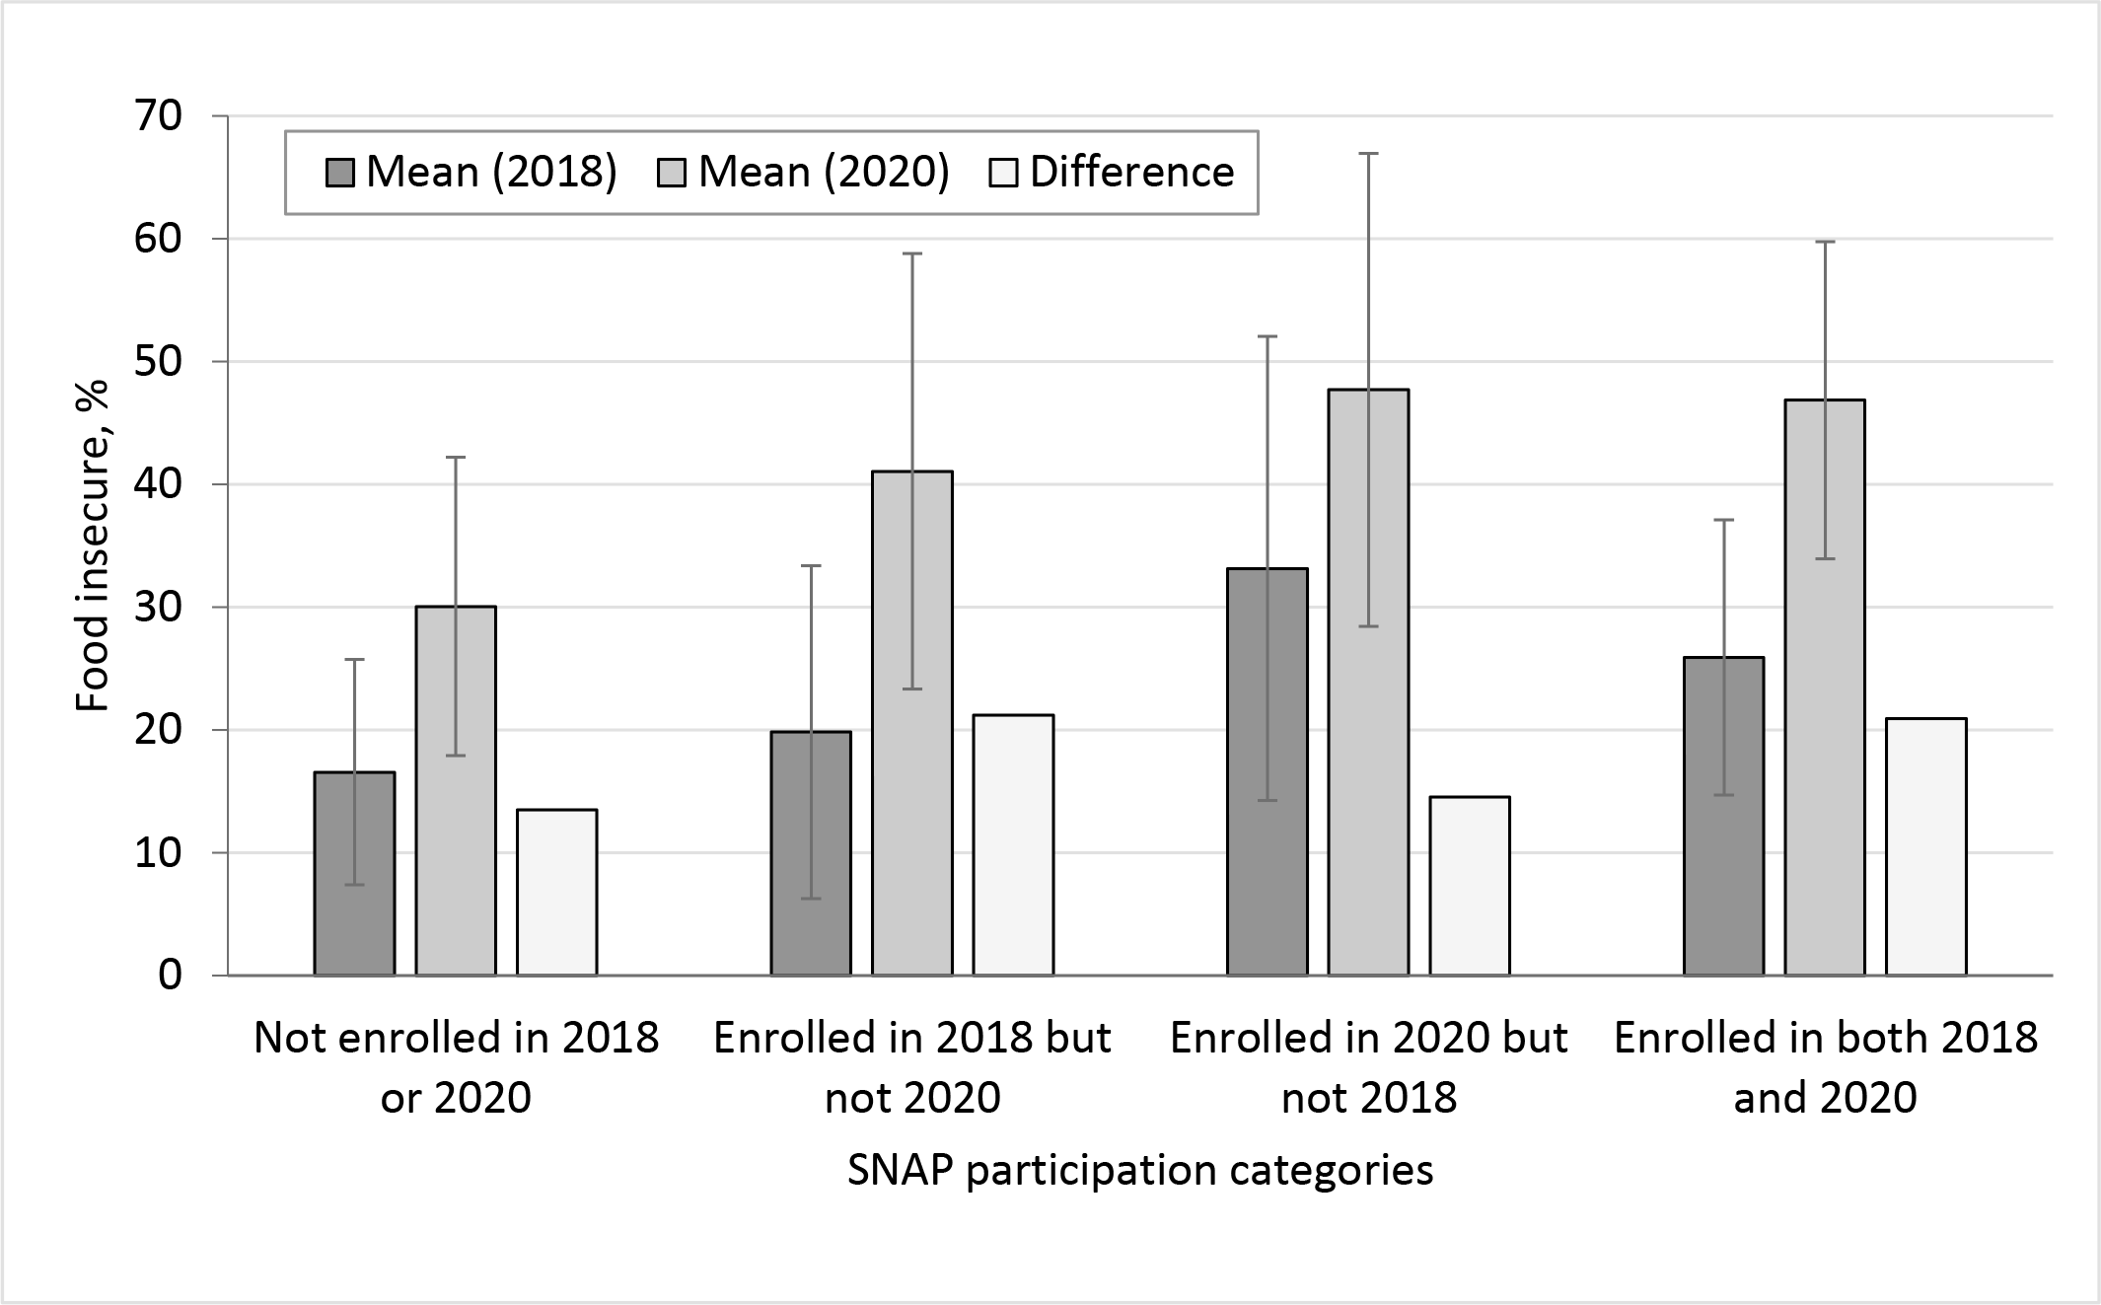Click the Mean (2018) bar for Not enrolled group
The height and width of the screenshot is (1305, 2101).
click(x=355, y=874)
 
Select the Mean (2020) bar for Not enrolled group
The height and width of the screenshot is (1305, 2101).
click(x=456, y=791)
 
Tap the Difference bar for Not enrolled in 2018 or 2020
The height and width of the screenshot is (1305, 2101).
click(x=557, y=893)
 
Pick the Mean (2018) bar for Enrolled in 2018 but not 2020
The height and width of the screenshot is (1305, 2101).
click(x=811, y=853)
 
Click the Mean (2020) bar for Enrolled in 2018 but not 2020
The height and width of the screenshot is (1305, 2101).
click(x=912, y=723)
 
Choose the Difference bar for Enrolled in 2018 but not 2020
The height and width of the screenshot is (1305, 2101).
click(x=1014, y=845)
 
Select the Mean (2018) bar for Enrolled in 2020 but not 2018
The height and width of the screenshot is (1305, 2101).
click(x=1268, y=772)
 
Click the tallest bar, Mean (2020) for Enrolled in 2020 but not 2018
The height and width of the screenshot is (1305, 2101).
click(x=1368, y=683)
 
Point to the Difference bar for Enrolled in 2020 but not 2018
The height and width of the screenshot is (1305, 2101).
click(x=1470, y=886)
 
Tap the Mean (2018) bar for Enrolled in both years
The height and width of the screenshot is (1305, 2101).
click(x=1724, y=817)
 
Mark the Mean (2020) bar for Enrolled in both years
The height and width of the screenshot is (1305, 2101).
click(x=1825, y=688)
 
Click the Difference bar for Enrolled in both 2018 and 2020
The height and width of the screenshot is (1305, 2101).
click(x=1926, y=847)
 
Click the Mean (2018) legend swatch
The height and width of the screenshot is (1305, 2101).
click(x=340, y=174)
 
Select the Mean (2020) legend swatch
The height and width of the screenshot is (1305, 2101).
click(x=672, y=174)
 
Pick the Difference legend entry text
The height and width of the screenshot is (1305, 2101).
click(x=1131, y=173)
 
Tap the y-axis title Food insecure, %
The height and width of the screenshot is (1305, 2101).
click(x=93, y=544)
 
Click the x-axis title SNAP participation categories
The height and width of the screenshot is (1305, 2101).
click(x=1140, y=1171)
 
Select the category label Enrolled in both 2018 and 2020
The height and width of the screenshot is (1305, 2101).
click(x=1826, y=1067)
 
